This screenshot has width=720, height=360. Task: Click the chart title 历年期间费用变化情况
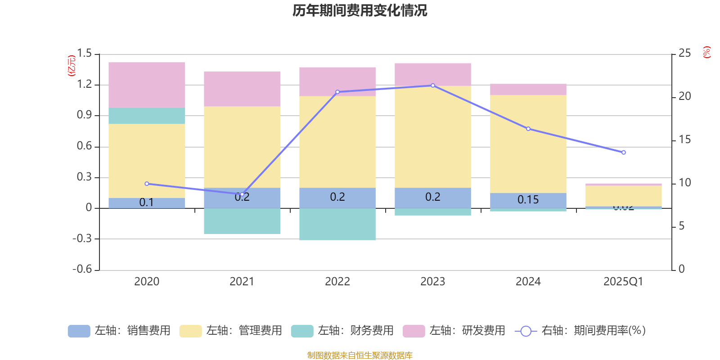tap(360, 10)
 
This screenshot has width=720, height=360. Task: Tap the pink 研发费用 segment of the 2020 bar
tap(147, 85)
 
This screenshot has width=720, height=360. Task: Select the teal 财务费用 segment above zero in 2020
tap(147, 116)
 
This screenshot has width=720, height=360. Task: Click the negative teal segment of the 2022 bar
tap(337, 224)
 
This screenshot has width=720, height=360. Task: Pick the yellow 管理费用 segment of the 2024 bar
tap(528, 144)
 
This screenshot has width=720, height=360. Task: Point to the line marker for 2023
tap(433, 85)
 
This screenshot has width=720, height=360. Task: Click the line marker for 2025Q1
tap(624, 153)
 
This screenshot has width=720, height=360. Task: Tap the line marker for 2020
tap(147, 184)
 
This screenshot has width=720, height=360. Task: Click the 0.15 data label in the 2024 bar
tap(528, 200)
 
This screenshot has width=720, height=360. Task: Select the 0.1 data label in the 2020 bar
tap(147, 202)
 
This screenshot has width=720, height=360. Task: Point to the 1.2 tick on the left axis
tap(84, 84)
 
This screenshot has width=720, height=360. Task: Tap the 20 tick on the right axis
tap(684, 96)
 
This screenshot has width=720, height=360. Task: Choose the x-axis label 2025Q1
tap(623, 282)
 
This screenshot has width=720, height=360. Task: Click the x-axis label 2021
tap(242, 282)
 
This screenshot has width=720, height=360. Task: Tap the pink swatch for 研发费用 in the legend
tap(414, 331)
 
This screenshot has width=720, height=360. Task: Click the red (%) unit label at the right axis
tap(707, 52)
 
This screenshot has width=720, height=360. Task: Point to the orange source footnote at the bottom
tap(360, 355)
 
